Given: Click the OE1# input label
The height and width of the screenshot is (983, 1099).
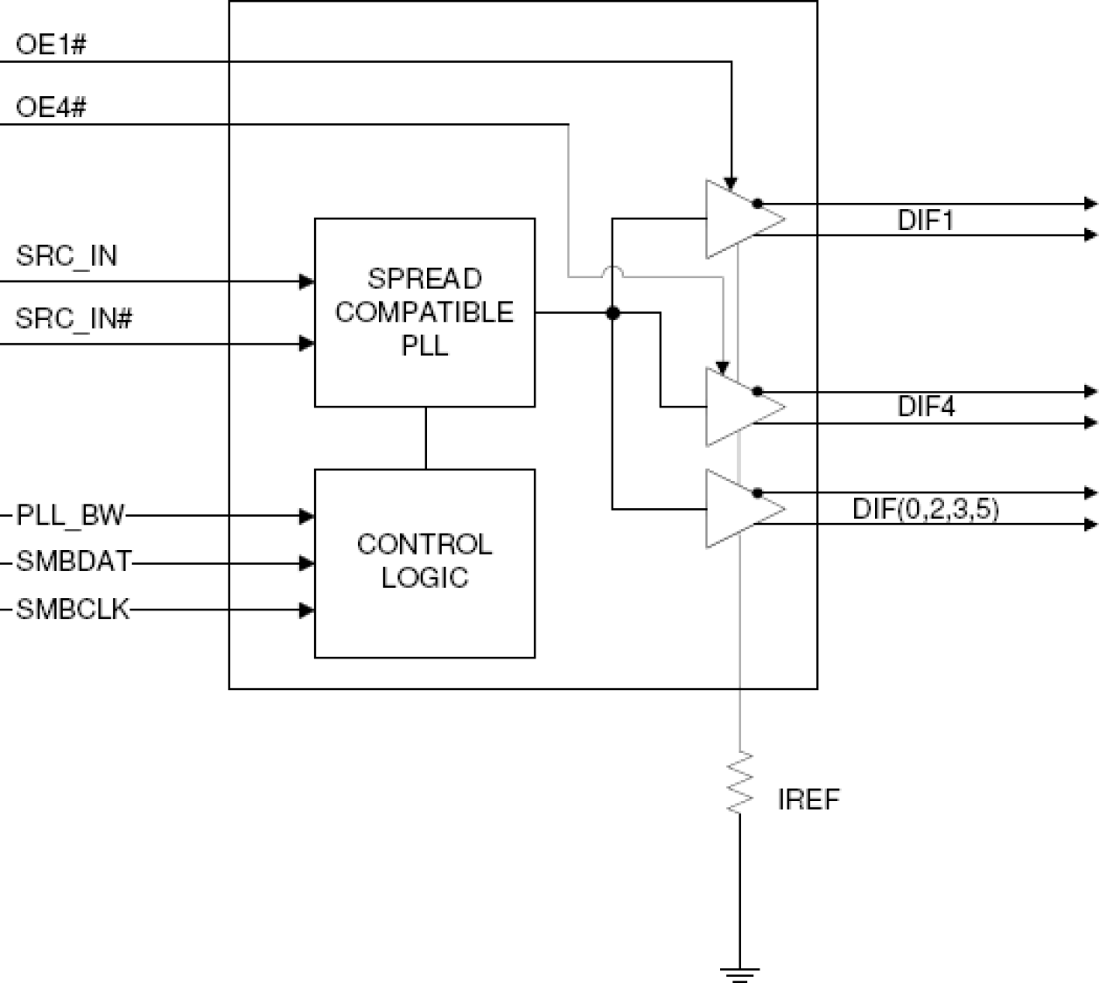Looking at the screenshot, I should coord(51,45).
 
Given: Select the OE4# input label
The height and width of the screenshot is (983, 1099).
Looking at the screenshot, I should coord(51,108).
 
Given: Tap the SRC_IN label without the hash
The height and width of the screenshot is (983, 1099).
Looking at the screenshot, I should coord(66,256).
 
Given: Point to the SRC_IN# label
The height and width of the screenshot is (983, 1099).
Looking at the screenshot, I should coord(73,319).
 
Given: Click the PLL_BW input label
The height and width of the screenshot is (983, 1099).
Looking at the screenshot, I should coord(71,516).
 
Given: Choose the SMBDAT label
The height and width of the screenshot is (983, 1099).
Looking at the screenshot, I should coord(73,562).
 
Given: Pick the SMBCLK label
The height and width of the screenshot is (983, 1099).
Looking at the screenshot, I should coord(73,610).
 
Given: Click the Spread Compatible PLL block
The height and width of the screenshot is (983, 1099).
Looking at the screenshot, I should coord(424,312).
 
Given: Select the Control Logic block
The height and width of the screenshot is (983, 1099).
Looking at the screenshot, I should coord(424,562).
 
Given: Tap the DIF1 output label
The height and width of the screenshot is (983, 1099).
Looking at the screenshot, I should coord(926,220).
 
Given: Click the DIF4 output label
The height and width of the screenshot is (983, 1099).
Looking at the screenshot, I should coord(926,407).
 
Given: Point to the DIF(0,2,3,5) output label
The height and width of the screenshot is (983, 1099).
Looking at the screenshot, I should coord(926,509).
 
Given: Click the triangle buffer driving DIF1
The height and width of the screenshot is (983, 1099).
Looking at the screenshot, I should coord(739,220).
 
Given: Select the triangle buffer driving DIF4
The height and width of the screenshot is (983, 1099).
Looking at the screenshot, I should coord(739,407).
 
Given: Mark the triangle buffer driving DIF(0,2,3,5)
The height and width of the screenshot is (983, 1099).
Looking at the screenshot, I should coord(739,509).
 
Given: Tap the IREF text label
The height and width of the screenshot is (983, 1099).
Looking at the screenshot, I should coord(808,799).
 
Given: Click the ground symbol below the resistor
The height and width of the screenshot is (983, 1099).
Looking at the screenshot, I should coord(739,973).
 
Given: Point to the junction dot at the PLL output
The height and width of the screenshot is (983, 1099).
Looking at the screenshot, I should coord(612,312).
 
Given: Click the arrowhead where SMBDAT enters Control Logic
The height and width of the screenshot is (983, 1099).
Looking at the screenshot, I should coord(307,563).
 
